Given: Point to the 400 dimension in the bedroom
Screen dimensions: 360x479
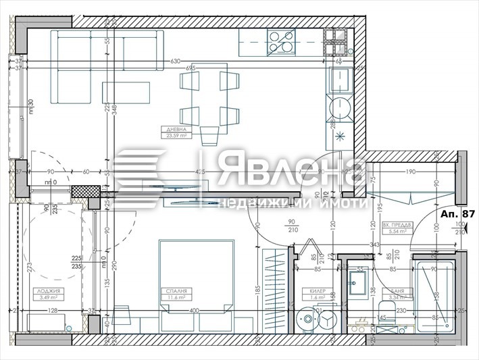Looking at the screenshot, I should pyautogui.click(x=195, y=311).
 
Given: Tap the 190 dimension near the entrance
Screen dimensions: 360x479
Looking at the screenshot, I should pyautogui.click(x=409, y=172).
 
